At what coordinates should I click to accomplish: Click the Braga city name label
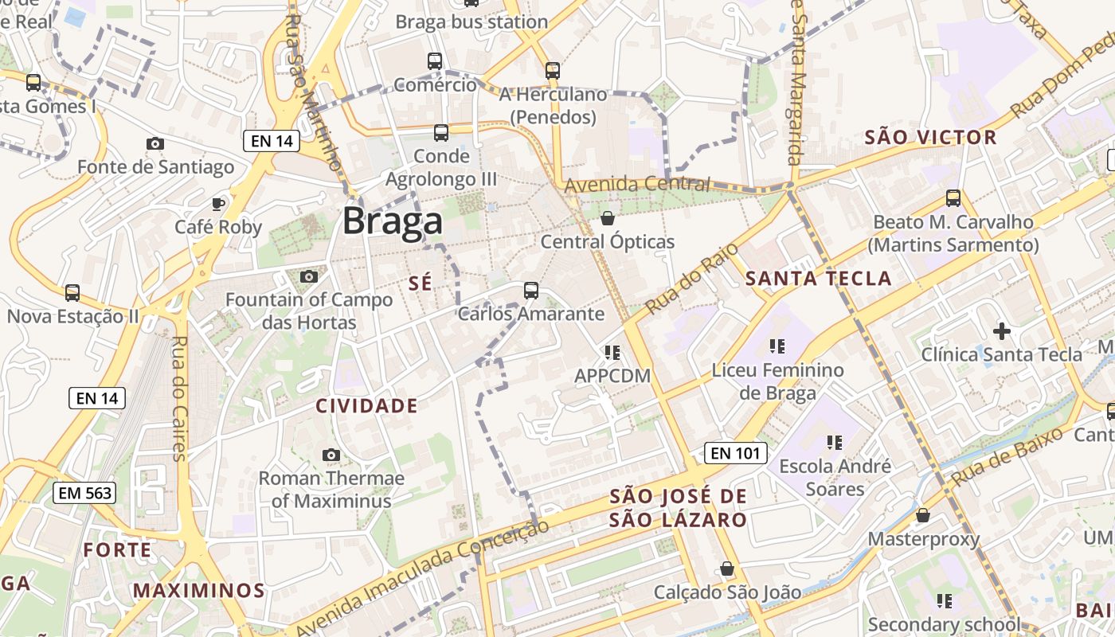392,221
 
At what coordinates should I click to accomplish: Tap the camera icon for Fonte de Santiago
155,143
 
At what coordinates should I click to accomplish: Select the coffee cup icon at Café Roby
218,204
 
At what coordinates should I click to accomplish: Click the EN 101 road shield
736,453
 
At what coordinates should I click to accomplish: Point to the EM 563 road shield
84,493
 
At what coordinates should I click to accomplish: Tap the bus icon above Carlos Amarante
531,291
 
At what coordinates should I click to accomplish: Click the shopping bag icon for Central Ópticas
608,218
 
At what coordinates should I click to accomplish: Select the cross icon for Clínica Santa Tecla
1001,330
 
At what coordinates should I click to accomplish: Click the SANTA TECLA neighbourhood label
818,279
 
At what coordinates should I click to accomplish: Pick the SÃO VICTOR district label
930,138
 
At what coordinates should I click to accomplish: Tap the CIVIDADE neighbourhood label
367,406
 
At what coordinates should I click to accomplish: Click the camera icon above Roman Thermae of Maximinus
331,455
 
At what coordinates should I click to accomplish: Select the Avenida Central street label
636,185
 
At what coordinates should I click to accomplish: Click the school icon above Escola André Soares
835,442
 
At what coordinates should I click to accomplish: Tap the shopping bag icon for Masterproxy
923,515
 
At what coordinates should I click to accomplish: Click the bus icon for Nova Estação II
72,293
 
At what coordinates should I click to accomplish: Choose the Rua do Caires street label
178,398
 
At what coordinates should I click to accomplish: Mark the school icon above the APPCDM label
612,352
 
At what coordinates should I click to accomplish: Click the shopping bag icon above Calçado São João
726,569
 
